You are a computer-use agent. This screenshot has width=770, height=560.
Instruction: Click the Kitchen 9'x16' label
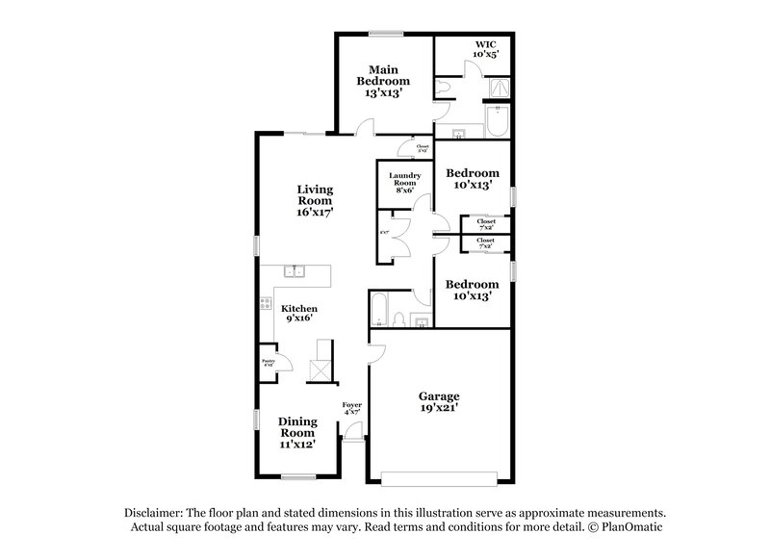(299, 312)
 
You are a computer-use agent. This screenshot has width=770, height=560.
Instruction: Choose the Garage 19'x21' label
(438, 401)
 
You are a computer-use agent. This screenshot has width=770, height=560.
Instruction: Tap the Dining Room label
(296, 433)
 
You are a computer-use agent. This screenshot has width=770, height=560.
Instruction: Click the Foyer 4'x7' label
(352, 410)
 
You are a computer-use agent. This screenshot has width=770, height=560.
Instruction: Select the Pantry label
(269, 363)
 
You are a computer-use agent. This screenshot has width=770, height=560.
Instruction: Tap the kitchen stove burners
(265, 305)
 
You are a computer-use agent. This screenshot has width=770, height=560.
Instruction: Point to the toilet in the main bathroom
(444, 88)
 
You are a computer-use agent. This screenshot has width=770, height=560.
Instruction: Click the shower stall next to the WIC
(498, 89)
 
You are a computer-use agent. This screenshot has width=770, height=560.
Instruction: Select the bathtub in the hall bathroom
(378, 311)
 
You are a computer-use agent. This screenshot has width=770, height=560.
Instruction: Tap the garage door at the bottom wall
(438, 475)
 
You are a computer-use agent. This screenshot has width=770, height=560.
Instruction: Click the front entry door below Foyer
(353, 435)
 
